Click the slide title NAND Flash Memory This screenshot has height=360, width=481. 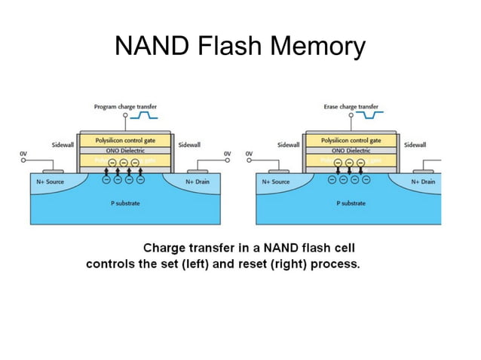(240, 46)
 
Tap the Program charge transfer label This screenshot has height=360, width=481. (125, 107)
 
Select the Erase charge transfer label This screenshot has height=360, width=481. (351, 107)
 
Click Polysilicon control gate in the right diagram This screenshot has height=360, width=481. (351, 140)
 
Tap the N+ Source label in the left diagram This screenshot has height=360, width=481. (50, 182)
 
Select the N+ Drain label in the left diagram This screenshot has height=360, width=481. (199, 182)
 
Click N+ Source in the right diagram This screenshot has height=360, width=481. (276, 182)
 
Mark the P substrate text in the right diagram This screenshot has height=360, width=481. (351, 203)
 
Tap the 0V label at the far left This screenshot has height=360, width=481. (23, 154)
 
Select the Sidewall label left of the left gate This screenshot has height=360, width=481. (62, 144)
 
